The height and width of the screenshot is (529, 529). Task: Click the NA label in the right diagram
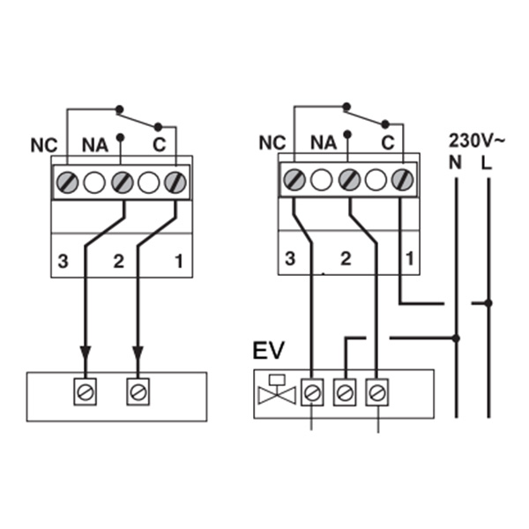(324, 141)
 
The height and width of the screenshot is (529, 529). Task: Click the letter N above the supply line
(456, 162)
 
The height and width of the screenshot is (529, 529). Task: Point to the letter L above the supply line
(488, 162)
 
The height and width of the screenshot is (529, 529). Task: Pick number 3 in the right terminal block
(291, 260)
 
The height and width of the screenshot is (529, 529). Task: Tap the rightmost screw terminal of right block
(404, 180)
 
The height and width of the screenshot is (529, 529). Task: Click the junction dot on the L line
(488, 303)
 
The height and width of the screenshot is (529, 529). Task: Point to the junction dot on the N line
(456, 338)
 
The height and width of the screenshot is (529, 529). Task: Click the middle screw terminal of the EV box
(344, 391)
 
